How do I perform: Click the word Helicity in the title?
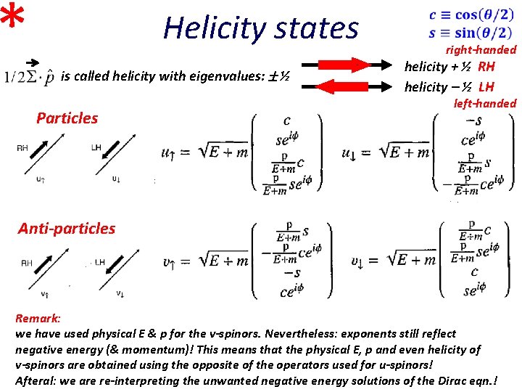pyautogui.click(x=206, y=28)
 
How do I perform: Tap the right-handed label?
pyautogui.click(x=481, y=50)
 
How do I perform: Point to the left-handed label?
pyautogui.click(x=484, y=103)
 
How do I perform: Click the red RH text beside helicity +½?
pyautogui.click(x=486, y=67)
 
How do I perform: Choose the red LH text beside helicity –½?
pyautogui.click(x=486, y=87)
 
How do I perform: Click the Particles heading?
pyautogui.click(x=67, y=118)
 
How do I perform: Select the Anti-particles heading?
pyautogui.click(x=67, y=228)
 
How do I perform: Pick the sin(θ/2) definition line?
pyautogui.click(x=472, y=33)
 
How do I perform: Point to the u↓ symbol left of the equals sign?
pyautogui.click(x=350, y=152)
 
